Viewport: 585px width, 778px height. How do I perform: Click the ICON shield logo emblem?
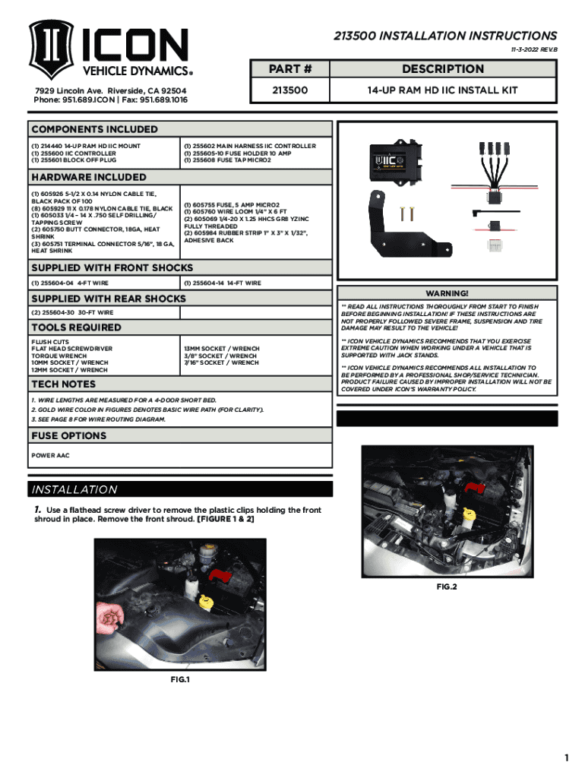(50, 51)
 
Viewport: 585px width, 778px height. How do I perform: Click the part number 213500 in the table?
(292, 90)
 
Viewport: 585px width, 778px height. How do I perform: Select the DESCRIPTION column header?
(442, 69)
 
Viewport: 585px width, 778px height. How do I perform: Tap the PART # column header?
(292, 69)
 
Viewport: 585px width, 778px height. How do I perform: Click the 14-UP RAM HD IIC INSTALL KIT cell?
(442, 90)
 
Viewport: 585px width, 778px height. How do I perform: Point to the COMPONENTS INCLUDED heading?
(94, 129)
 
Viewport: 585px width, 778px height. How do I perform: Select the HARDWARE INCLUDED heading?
(88, 177)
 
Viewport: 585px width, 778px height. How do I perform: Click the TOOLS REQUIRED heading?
(75, 327)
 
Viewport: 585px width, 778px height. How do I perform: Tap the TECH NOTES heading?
(63, 384)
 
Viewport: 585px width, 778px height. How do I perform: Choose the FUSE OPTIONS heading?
(68, 436)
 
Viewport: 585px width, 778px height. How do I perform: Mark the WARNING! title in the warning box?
(447, 293)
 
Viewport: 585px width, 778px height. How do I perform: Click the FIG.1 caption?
(179, 679)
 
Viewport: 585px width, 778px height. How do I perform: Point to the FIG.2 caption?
(446, 587)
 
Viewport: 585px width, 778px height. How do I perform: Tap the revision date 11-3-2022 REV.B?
(530, 49)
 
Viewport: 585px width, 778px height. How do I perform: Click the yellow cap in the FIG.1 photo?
(205, 602)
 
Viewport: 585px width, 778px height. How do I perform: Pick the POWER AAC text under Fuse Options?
(52, 457)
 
